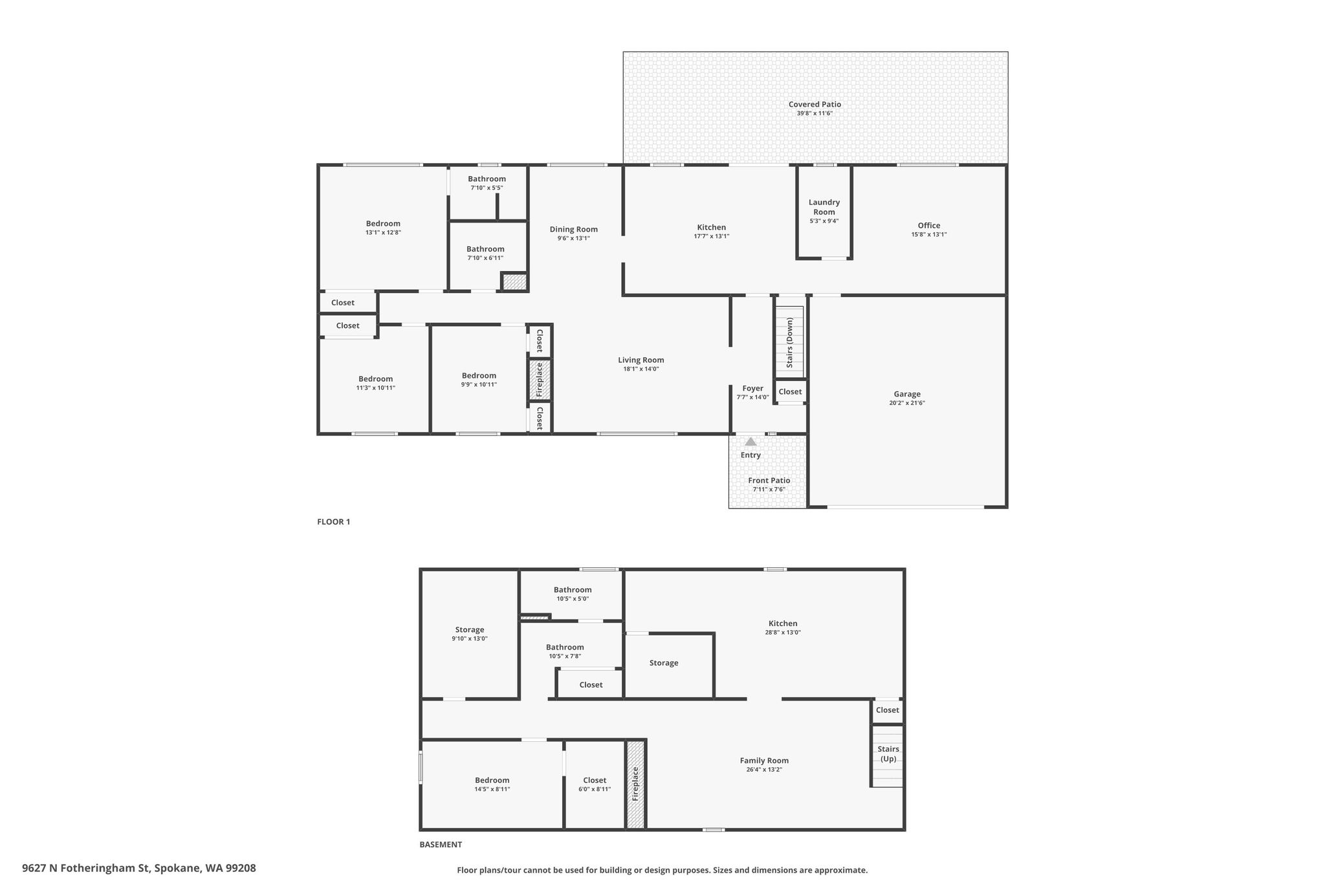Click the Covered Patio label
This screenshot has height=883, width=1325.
click(815, 104)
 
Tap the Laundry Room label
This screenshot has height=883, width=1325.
click(824, 207)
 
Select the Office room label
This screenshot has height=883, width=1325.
click(928, 226)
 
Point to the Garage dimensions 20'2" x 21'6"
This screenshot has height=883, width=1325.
click(907, 403)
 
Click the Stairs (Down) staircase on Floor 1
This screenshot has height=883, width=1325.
click(790, 342)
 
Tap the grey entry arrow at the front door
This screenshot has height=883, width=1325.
click(750, 442)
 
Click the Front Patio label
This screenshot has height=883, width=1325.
click(769, 480)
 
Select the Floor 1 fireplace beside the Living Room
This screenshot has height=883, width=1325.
click(540, 379)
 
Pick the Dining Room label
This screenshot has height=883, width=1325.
click(573, 229)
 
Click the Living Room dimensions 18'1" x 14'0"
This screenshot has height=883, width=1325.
click(641, 369)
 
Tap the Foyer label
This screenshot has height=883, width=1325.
click(752, 389)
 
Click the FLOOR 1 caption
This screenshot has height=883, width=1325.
click(333, 521)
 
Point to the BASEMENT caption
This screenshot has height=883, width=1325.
click(441, 844)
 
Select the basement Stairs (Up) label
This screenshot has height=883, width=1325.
click(888, 754)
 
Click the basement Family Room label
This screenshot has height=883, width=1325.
click(764, 761)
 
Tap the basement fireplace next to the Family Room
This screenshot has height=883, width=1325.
click(636, 785)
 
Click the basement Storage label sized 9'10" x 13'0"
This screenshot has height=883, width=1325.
click(469, 629)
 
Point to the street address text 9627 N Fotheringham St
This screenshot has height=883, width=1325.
click(86, 868)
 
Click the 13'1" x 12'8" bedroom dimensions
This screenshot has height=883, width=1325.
click(383, 232)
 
